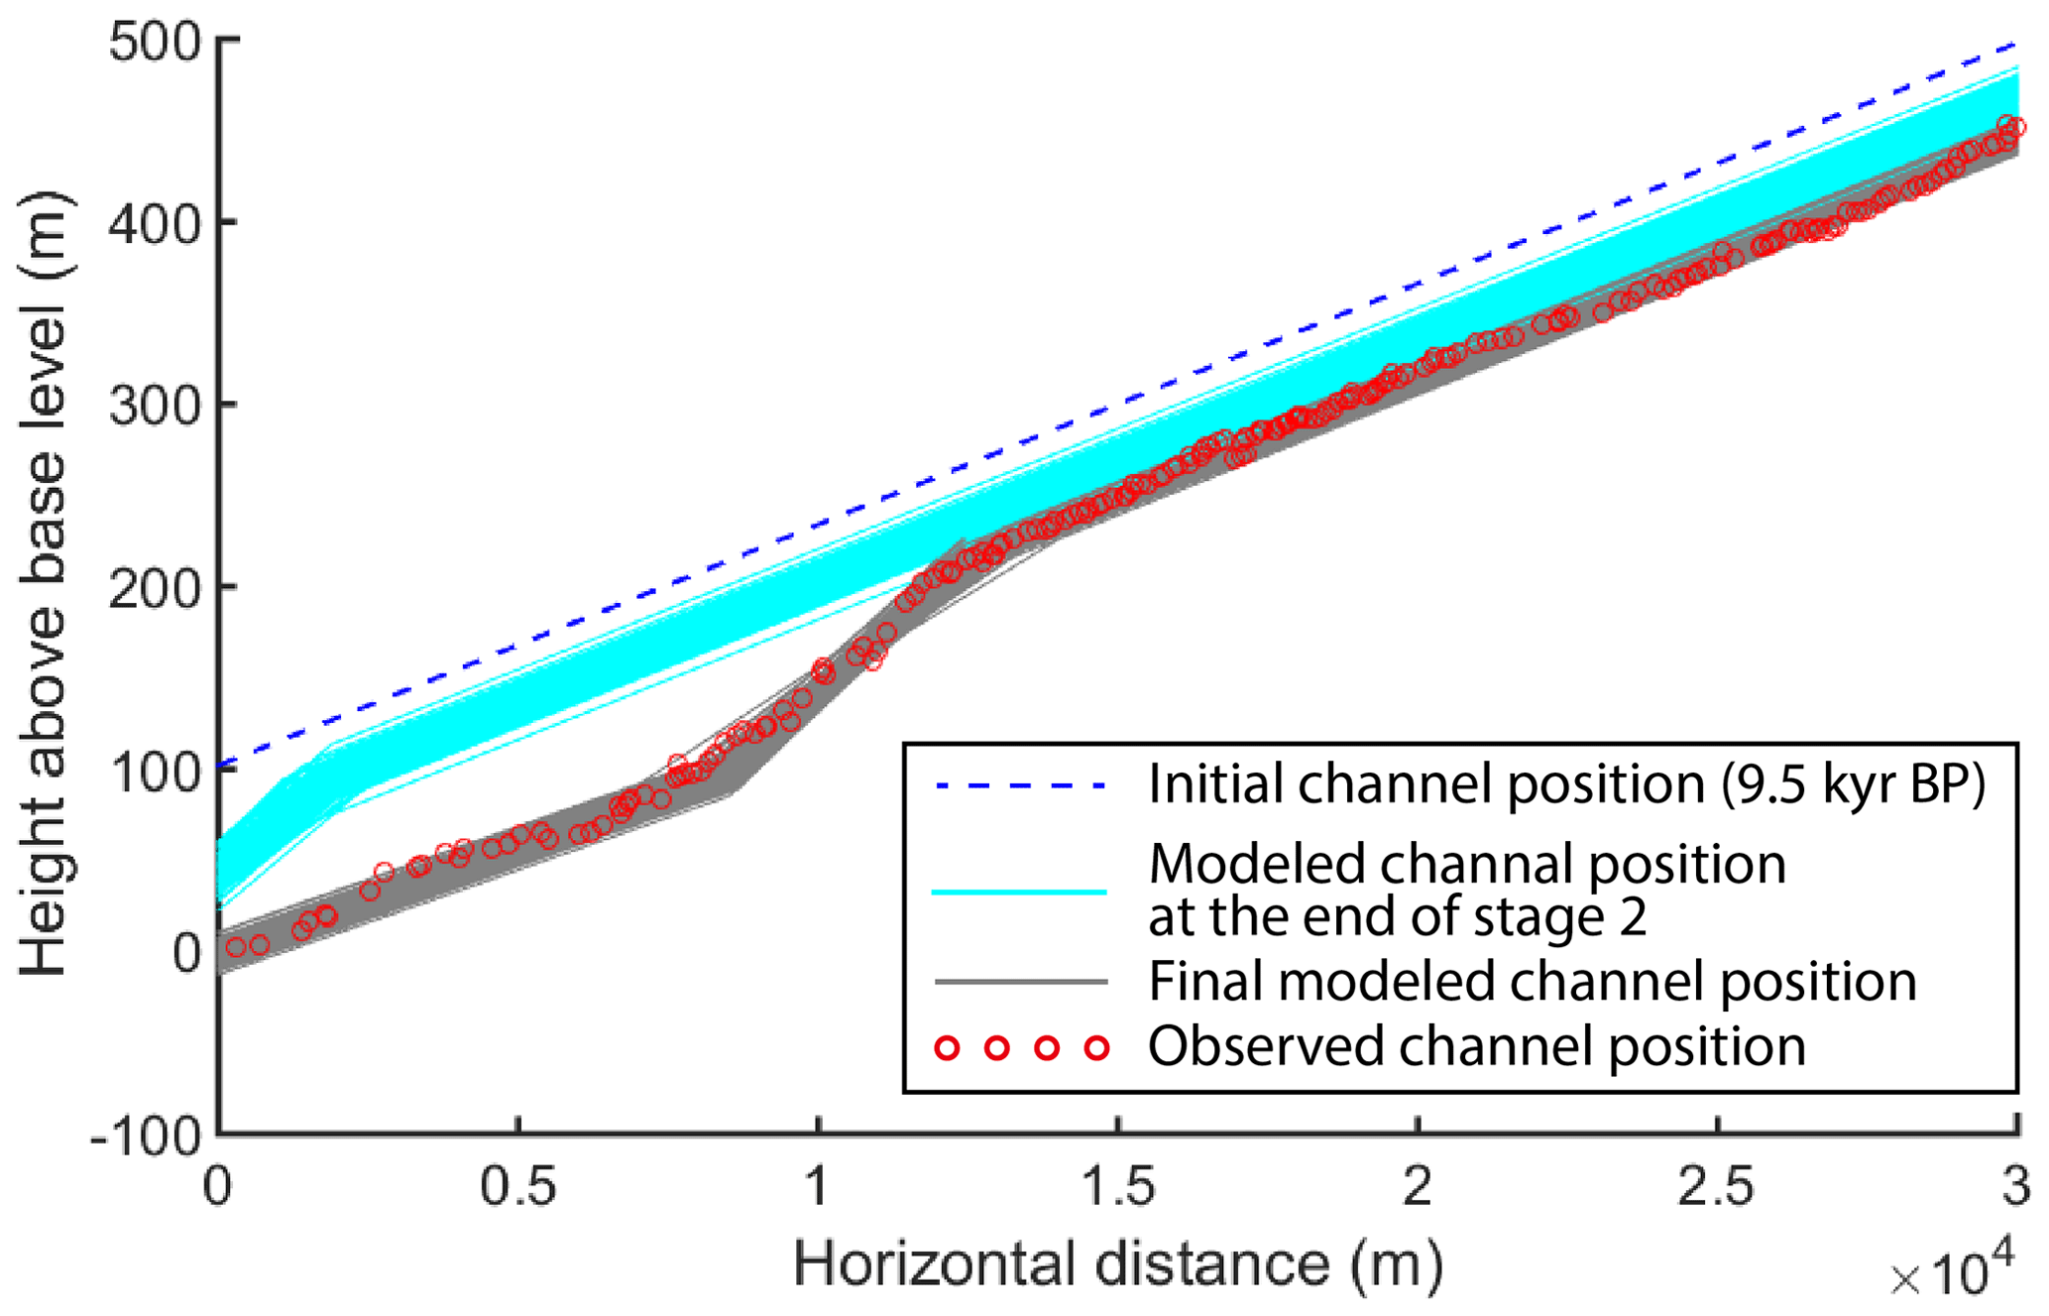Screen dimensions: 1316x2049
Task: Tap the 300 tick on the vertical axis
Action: (155, 407)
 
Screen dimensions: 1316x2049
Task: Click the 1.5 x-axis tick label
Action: (1118, 1187)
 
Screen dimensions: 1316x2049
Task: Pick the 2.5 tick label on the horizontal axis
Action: (1717, 1187)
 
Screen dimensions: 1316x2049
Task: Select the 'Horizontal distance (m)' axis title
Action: (1117, 1264)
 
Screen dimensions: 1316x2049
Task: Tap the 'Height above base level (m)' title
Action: (45, 585)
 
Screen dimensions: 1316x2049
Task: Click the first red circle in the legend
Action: (948, 1047)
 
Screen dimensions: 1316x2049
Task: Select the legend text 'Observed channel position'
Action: (1477, 1047)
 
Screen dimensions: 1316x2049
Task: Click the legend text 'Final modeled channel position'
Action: (1532, 982)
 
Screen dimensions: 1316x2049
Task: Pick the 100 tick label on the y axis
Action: (155, 772)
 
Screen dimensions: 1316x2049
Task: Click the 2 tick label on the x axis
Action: (1418, 1187)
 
